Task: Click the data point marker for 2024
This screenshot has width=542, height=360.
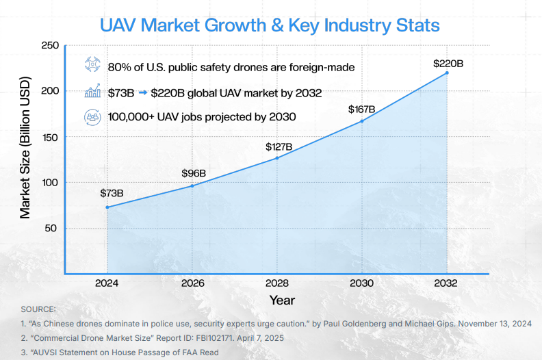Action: tap(107, 207)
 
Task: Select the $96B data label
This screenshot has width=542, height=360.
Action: tap(194, 173)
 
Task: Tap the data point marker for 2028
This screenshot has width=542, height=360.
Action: tap(277, 158)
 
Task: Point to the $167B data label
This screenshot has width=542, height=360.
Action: tap(361, 110)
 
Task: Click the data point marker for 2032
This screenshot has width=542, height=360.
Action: tap(447, 73)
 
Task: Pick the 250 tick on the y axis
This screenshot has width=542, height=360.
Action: tap(50, 45)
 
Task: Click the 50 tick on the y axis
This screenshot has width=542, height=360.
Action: tap(51, 228)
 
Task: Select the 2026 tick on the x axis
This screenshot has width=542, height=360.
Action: tap(192, 283)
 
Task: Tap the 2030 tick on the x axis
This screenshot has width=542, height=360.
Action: tap(361, 283)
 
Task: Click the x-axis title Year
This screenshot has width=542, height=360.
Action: tap(282, 300)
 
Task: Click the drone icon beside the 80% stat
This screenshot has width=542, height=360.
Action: tap(92, 64)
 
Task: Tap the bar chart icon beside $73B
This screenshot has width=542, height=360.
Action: tap(92, 90)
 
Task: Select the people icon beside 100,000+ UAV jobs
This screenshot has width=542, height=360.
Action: tap(92, 117)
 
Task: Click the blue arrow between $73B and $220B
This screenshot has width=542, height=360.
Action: tap(143, 92)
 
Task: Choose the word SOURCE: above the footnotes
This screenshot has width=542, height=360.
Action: tap(38, 309)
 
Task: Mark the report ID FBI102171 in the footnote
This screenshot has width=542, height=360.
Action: tap(214, 338)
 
